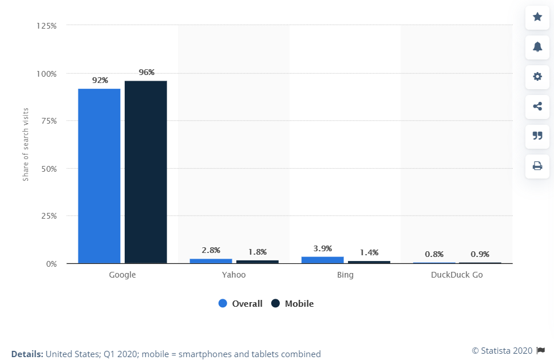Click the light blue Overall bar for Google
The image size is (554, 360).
99,176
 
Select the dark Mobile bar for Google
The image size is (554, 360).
145,172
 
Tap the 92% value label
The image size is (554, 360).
100,80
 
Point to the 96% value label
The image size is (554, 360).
147,72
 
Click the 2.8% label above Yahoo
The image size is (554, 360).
211,250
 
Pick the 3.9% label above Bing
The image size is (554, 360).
323,248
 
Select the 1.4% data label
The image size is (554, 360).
369,252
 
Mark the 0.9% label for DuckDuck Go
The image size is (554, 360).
480,254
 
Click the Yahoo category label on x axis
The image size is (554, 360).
234,275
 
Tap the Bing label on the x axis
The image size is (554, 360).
345,275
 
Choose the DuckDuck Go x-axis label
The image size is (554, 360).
457,275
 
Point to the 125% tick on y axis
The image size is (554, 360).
47,26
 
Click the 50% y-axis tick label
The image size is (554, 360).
49,169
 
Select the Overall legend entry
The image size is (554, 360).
241,304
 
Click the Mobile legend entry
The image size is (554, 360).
293,304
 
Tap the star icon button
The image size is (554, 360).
537,17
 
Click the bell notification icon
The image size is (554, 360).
537,47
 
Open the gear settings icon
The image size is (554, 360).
537,77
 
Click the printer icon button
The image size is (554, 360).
537,166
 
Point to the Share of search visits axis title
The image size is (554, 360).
26,144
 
